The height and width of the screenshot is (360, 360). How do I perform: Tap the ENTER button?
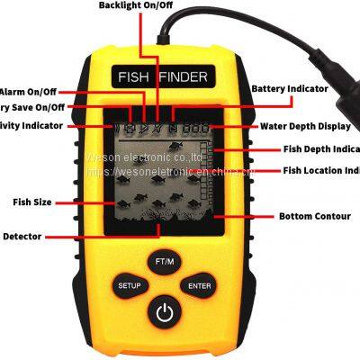[x=199, y=285]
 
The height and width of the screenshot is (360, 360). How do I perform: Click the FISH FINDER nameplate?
[x=163, y=77]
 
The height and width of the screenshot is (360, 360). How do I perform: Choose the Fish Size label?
[x=31, y=202]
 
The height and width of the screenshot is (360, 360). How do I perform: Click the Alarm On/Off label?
[x=28, y=92]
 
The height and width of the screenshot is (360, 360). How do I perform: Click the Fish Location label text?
[x=320, y=170]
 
